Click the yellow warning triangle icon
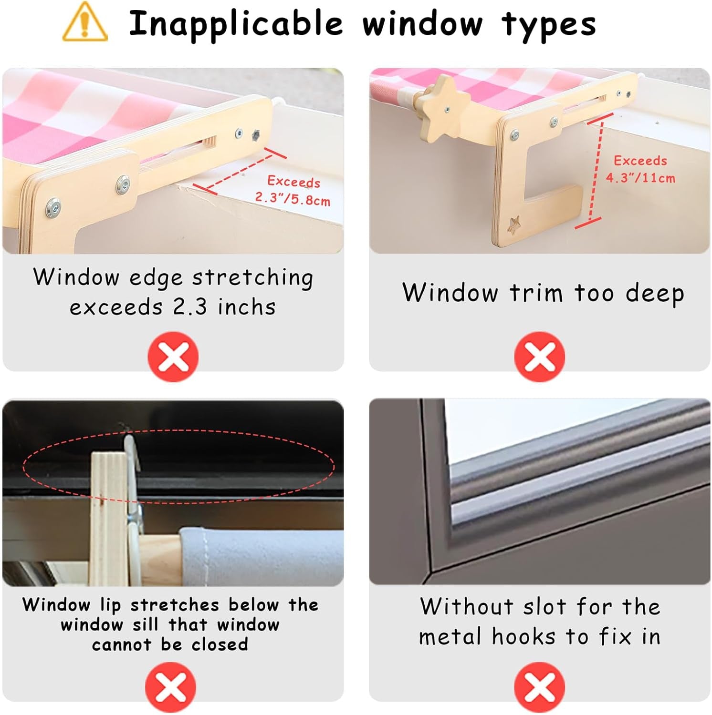[84, 22]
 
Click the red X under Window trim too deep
[539, 357]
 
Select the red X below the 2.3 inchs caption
[173, 357]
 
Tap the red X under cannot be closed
[170, 687]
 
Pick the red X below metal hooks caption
[539, 687]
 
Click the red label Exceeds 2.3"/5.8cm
[293, 190]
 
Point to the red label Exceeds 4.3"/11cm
[640, 169]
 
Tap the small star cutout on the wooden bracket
[513, 225]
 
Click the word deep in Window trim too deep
[655, 294]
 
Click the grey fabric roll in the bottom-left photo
[262, 557]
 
